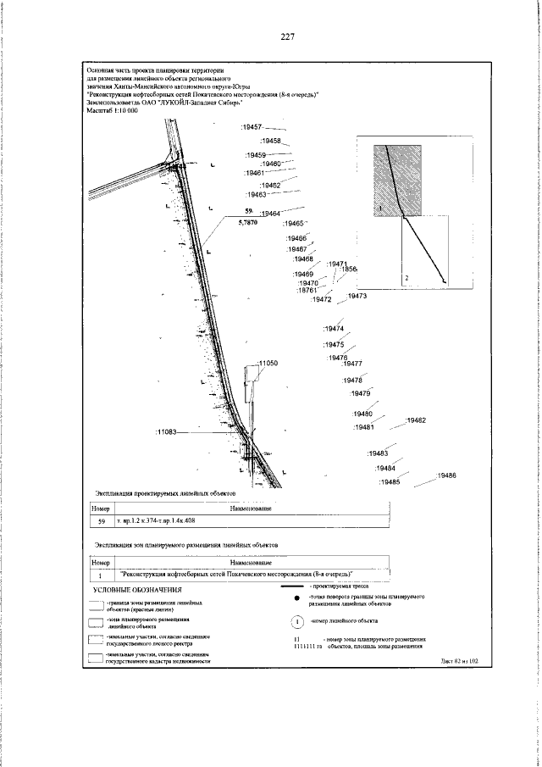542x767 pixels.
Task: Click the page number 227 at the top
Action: point(286,37)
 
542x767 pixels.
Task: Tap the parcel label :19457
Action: point(252,126)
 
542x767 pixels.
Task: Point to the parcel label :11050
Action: point(267,363)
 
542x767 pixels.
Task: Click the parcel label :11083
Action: point(166,432)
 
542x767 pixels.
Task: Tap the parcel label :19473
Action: point(357,296)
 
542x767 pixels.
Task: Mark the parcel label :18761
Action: point(307,291)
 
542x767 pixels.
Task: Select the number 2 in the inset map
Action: point(406,277)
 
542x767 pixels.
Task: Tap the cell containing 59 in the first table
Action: point(101,521)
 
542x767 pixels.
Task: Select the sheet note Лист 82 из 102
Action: point(460,660)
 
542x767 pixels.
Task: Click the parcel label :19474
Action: point(334,329)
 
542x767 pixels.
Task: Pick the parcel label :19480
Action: point(362,413)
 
